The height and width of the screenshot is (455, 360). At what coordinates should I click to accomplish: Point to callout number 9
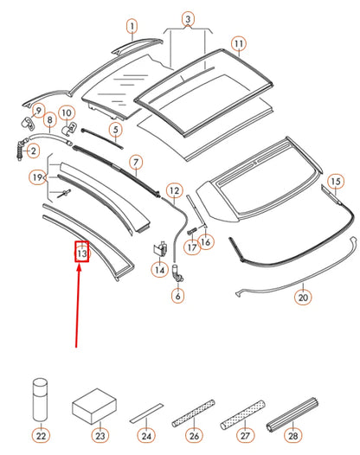click(37, 110)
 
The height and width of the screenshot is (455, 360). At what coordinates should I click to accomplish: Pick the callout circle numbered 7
click(136, 162)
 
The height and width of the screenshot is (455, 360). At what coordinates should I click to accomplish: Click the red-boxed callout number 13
click(81, 254)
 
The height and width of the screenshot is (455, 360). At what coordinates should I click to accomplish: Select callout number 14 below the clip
click(159, 271)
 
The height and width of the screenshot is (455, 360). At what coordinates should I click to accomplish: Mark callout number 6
click(178, 296)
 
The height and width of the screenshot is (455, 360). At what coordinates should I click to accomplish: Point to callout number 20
click(302, 297)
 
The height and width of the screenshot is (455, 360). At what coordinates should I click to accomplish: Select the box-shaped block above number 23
click(95, 403)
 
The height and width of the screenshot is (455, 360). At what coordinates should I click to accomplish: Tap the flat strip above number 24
click(145, 412)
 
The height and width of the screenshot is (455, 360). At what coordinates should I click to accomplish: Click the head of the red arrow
click(80, 270)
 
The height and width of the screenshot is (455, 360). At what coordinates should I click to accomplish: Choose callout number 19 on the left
click(36, 178)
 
